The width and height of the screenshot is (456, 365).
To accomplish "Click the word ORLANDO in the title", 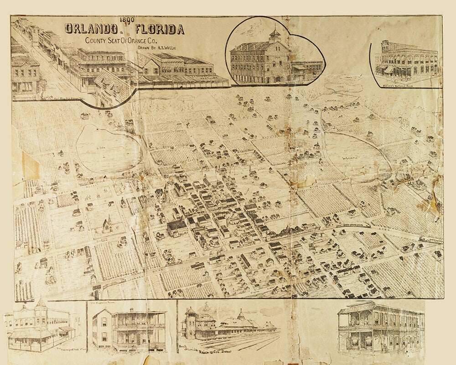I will (x=90, y=29).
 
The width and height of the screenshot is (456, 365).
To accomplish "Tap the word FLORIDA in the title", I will (x=160, y=30).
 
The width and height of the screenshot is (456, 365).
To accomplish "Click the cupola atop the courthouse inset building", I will (x=275, y=34).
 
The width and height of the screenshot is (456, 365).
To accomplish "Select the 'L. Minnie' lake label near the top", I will (x=347, y=91).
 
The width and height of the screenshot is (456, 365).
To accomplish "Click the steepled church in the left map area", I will (x=107, y=224).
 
